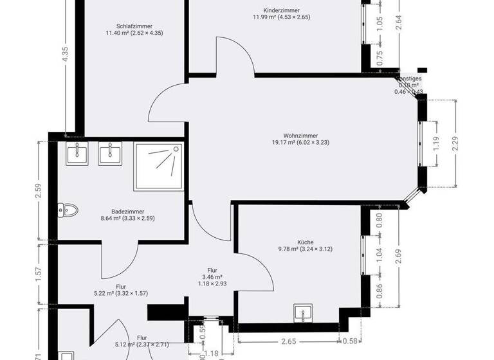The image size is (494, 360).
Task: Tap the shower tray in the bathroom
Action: pos(158,166)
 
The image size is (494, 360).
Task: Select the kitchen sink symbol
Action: pos(304,314)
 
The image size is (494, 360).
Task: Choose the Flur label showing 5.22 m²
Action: pos(121,290)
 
